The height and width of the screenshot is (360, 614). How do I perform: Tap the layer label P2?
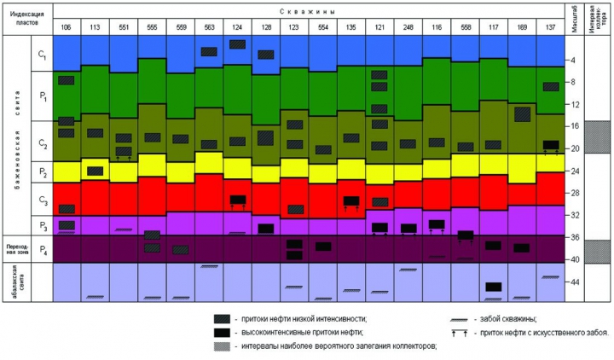[42, 171]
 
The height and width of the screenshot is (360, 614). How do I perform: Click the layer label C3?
[42, 200]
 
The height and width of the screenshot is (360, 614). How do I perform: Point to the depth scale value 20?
[576, 148]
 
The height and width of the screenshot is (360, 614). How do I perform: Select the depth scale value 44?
[576, 282]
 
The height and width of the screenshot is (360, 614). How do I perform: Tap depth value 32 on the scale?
[576, 215]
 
